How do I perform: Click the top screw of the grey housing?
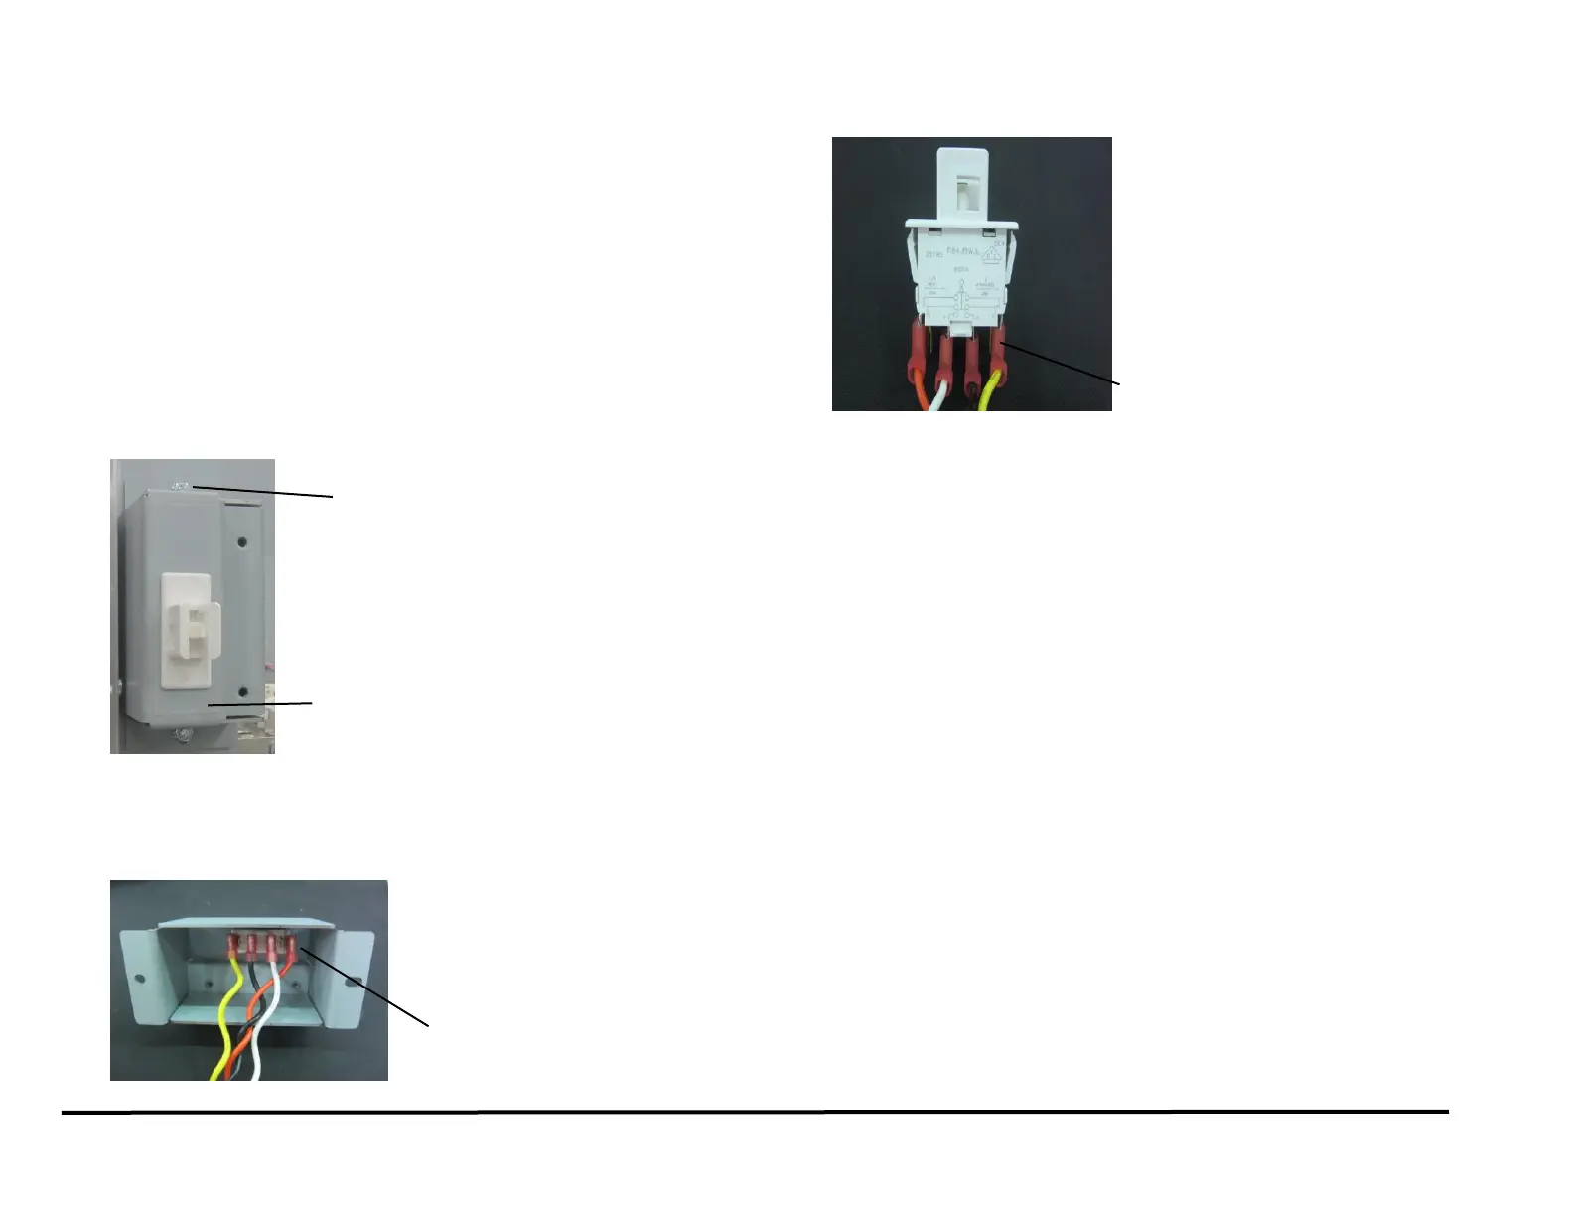click(x=182, y=486)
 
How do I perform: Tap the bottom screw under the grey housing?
click(x=181, y=734)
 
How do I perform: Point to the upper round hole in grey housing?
click(x=241, y=543)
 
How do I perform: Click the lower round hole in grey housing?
click(x=241, y=689)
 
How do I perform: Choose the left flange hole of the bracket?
click(x=140, y=981)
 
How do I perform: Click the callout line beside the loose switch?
click(x=1063, y=363)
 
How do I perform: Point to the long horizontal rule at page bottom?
click(x=755, y=1112)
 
